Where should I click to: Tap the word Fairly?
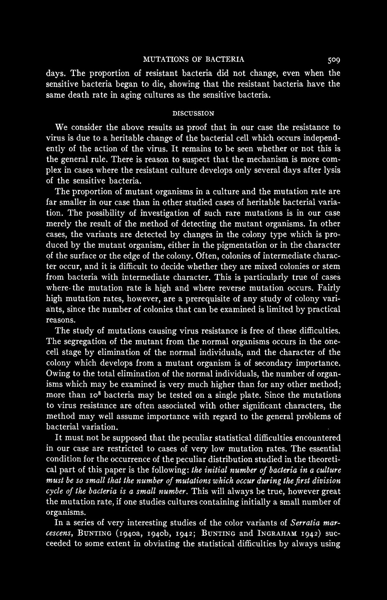tap(329, 288)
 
